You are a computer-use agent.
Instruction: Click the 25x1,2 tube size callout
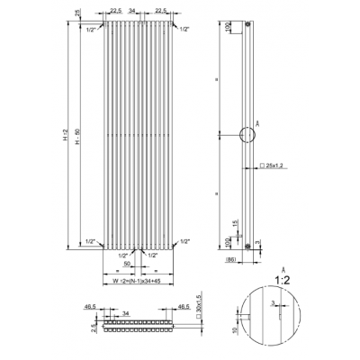tap(274, 166)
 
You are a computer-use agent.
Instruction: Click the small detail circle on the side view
tap(247, 137)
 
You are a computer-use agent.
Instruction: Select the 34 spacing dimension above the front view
tap(133, 12)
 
